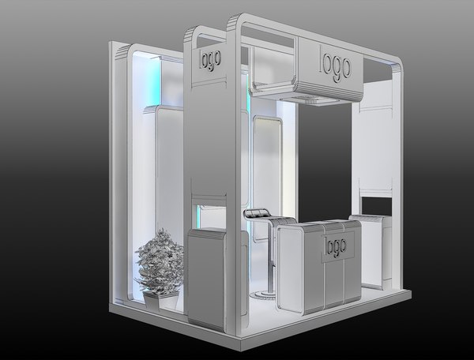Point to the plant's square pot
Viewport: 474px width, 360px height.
pos(161,299)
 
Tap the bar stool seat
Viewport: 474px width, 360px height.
pos(258,215)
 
